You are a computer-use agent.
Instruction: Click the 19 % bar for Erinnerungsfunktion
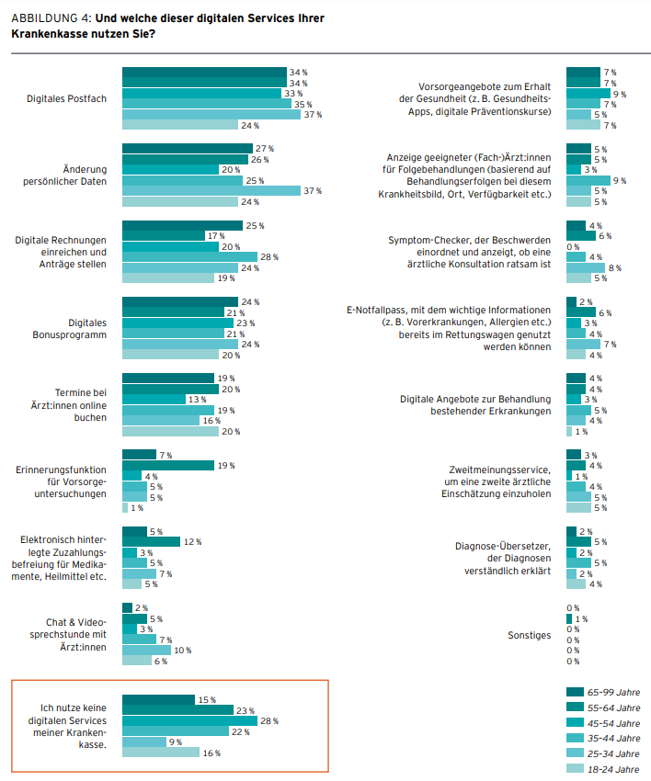[168, 465]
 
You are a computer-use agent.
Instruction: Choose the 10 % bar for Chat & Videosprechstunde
[147, 650]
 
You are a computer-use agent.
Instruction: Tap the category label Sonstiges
[529, 635]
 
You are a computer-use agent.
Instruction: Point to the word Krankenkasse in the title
[44, 33]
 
